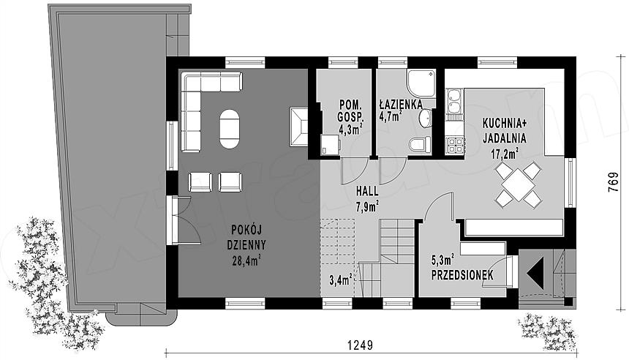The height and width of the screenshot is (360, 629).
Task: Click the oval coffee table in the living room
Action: tap(230, 129)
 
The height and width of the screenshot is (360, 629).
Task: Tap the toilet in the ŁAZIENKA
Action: tap(421, 145)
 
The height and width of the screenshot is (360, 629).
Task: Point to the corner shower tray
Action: tap(421, 84)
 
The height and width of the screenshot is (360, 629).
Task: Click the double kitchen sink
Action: tap(454, 101)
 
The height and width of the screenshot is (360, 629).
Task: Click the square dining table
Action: tap(518, 184)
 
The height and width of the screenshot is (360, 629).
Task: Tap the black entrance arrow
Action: tap(535, 274)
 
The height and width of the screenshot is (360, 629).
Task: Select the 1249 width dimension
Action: tap(360, 345)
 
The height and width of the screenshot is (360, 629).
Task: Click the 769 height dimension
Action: tap(613, 183)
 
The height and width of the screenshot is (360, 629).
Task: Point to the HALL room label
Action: tap(367, 192)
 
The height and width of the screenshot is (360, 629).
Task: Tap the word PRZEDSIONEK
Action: tap(462, 275)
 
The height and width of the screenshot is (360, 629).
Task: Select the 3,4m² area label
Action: tap(341, 279)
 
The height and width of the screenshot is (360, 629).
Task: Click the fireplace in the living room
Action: tap(298, 127)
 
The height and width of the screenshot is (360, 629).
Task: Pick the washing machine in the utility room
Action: tap(331, 144)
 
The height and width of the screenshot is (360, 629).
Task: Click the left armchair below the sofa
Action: tap(200, 181)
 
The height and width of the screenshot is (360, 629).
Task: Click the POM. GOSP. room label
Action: tap(351, 111)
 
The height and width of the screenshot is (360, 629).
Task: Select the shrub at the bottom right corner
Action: tap(549, 330)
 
